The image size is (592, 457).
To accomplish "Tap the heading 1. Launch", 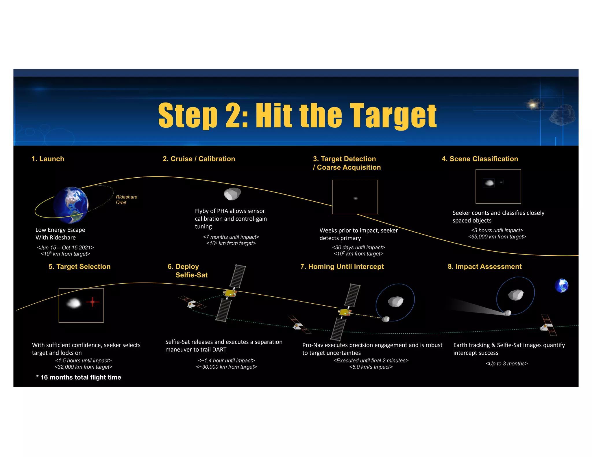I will (x=48, y=159).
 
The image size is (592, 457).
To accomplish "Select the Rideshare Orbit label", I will (x=126, y=200).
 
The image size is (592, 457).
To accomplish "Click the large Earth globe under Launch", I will (x=71, y=205).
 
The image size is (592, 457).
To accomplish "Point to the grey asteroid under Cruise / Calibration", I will (x=232, y=194).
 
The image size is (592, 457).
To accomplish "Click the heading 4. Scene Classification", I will (x=480, y=159).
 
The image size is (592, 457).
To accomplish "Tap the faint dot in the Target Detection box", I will (x=356, y=198).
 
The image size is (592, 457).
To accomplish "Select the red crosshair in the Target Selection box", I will (x=92, y=302).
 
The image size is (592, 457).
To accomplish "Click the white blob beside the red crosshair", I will (x=73, y=303).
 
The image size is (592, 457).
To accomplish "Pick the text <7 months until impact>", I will (x=231, y=237).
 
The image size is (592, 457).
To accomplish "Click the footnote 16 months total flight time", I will (x=79, y=377).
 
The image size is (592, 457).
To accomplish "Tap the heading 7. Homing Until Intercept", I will (x=342, y=267).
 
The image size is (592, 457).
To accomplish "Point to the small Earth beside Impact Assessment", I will (x=561, y=286).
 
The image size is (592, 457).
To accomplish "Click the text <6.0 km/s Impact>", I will (x=371, y=367).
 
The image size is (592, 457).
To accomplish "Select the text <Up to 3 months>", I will (x=506, y=363).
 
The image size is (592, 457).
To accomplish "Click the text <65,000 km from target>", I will (x=497, y=237).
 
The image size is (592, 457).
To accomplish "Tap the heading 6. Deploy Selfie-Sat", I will (x=187, y=271).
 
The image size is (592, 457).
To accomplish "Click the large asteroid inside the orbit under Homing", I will (x=395, y=302).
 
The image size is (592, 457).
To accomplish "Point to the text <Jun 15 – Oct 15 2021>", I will (x=65, y=248).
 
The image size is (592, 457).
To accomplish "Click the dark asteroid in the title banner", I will (x=562, y=115).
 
